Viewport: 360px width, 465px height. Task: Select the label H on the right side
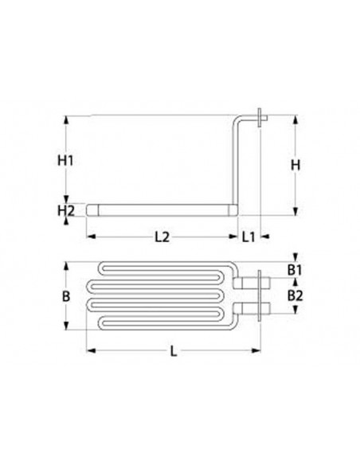pyautogui.click(x=295, y=165)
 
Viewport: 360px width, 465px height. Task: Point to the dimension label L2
pyautogui.click(x=161, y=236)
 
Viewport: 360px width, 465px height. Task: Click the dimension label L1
pyautogui.click(x=248, y=236)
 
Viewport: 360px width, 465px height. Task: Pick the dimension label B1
pyautogui.click(x=295, y=271)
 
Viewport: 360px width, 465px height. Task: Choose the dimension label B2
pyautogui.click(x=295, y=295)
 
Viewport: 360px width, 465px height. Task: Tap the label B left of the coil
pyautogui.click(x=67, y=296)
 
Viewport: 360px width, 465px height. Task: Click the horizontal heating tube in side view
pyautogui.click(x=159, y=211)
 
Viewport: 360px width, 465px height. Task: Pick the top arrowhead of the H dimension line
pyautogui.click(x=295, y=119)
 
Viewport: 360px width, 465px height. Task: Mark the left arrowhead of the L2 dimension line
pyautogui.click(x=89, y=236)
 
